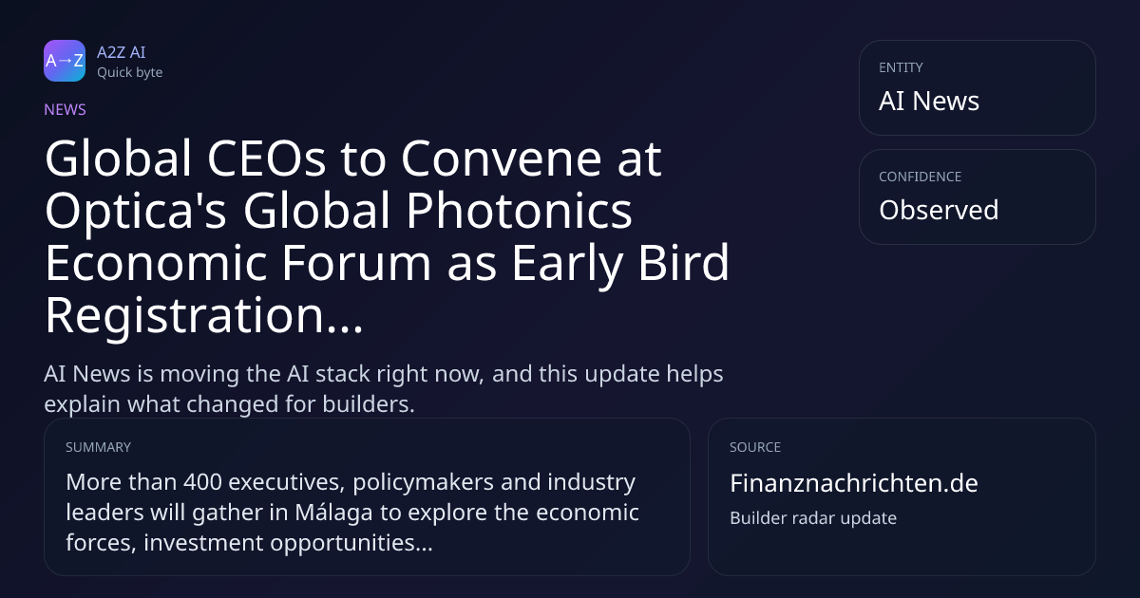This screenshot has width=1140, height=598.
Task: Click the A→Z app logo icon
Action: point(65,61)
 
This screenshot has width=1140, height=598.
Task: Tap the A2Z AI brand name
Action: point(122,52)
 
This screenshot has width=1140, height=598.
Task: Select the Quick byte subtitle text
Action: point(130,73)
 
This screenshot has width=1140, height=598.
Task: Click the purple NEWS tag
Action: point(66,109)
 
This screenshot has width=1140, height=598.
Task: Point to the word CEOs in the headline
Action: point(266,159)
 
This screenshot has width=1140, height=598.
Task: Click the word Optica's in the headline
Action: point(135,212)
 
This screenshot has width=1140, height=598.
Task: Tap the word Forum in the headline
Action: point(356,263)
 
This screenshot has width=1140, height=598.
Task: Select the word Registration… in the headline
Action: point(204,316)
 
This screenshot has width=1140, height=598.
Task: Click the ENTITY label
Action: point(901,67)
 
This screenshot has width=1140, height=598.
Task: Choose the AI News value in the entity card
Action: point(929,101)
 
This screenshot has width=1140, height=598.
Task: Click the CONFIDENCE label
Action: point(921,177)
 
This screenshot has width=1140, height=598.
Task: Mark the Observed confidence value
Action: point(939,210)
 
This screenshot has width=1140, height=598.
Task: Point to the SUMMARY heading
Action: point(98,447)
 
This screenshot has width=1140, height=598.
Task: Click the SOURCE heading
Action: point(755,447)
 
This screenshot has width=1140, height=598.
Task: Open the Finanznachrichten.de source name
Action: point(854,483)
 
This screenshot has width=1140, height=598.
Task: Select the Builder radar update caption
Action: point(813,518)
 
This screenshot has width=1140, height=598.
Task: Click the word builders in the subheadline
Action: point(369,404)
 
